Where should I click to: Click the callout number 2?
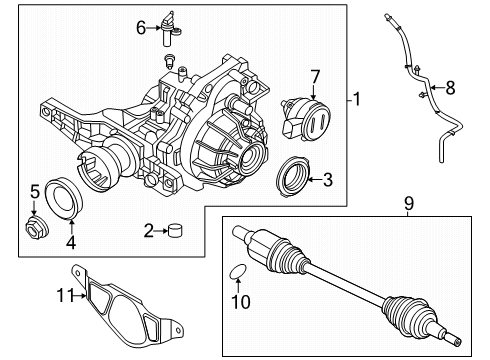(x=149, y=232)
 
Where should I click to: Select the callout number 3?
(x=327, y=180)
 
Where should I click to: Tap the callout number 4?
(x=70, y=241)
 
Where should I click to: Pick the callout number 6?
(x=141, y=29)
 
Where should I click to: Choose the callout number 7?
(x=314, y=77)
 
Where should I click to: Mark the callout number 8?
(x=450, y=88)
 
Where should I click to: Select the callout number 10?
(x=240, y=300)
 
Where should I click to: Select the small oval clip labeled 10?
(x=239, y=271)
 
